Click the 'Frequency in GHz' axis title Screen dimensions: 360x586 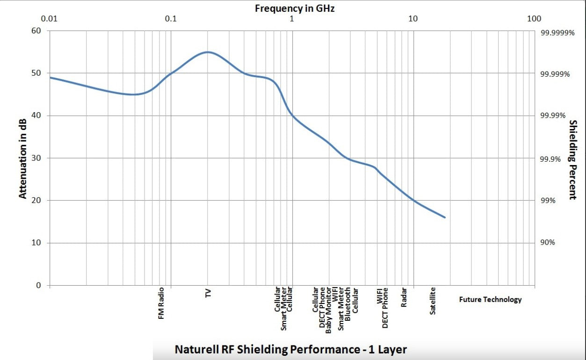point(294,8)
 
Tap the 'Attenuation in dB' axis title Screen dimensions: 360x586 point(23,158)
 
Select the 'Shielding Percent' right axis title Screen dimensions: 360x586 point(572,159)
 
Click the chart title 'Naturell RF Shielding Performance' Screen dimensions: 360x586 point(290,349)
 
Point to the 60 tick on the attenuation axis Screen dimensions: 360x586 point(36,31)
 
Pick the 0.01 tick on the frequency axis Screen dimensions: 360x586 point(50,19)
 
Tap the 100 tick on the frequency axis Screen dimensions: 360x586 point(534,19)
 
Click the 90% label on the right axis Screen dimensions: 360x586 point(548,243)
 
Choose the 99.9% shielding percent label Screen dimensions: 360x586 point(550,159)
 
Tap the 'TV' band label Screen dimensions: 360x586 point(208,293)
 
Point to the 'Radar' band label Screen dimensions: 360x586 point(404,297)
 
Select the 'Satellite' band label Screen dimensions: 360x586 point(433,301)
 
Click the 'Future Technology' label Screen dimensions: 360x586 point(490,300)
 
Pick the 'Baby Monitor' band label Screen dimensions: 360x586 point(329,310)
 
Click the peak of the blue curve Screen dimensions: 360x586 point(208,52)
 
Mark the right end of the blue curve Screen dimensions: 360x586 point(445,217)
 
